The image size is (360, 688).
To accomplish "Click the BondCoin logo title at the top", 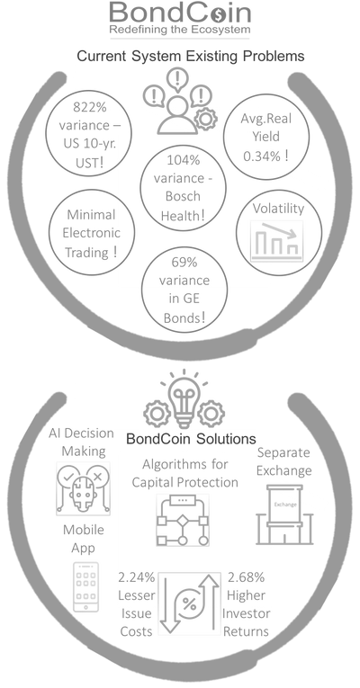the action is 180,13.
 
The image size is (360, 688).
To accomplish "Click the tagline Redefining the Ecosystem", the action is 180,30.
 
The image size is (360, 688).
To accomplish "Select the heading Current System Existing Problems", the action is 191,56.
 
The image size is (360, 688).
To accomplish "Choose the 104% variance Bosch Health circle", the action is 183,188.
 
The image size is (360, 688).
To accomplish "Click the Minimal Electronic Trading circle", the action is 91,233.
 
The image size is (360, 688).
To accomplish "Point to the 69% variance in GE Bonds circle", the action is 184,290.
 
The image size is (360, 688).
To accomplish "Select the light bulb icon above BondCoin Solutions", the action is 184,399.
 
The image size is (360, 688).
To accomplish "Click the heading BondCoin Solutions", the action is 191,439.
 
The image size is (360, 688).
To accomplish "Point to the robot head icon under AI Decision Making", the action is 84,488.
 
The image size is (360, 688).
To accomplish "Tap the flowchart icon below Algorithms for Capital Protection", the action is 182,520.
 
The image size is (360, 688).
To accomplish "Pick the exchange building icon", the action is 285,514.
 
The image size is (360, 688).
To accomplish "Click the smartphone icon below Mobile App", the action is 85,586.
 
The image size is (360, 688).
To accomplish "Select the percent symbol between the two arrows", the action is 189,603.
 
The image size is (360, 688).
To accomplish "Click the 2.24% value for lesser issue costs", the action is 137,577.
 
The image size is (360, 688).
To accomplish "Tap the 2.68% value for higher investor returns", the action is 246,577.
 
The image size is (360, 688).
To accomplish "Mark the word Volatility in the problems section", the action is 278,209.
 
